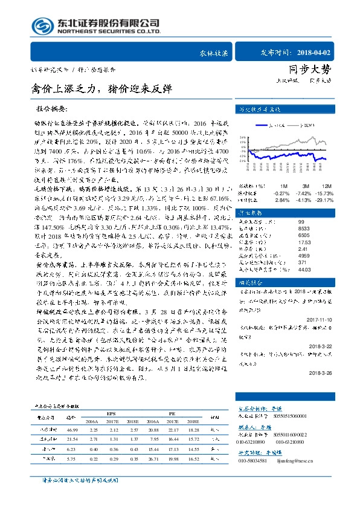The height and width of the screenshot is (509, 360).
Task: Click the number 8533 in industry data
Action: pyautogui.click(x=304, y=229)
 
